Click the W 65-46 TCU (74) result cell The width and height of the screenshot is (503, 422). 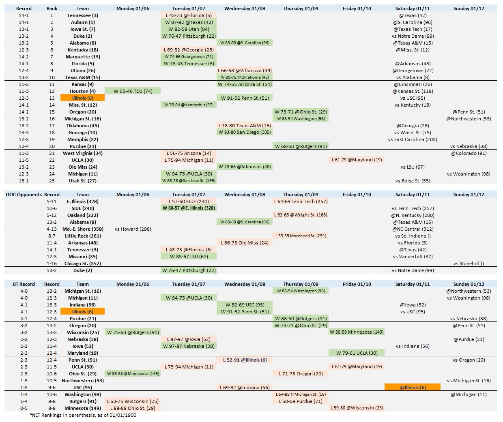[x=133, y=91]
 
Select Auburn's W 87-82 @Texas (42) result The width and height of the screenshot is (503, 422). [x=189, y=22]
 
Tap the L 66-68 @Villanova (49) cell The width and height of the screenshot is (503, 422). [x=245, y=71]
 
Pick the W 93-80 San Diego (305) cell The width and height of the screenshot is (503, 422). [x=245, y=132]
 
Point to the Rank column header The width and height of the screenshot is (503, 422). [x=52, y=9]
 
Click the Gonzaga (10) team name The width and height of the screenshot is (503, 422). [x=82, y=133]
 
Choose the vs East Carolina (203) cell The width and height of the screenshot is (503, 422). [x=413, y=139]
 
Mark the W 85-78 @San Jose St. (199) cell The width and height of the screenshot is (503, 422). [x=189, y=181]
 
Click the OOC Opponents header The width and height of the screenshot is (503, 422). [x=24, y=195]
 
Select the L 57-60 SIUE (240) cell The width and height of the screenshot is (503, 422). [x=189, y=201]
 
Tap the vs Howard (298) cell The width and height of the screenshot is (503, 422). [x=133, y=229]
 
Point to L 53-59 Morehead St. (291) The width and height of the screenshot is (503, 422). [x=301, y=236]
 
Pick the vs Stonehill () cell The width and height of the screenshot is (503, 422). [x=469, y=263]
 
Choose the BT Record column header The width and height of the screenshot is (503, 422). [x=24, y=284]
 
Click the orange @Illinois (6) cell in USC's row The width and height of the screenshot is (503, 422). [x=413, y=388]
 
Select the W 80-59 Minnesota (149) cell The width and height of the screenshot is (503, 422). [x=357, y=332]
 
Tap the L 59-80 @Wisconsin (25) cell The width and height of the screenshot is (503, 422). [x=357, y=408]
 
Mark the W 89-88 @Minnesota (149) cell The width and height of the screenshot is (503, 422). [x=133, y=374]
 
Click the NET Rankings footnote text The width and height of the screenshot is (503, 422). [x=83, y=415]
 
